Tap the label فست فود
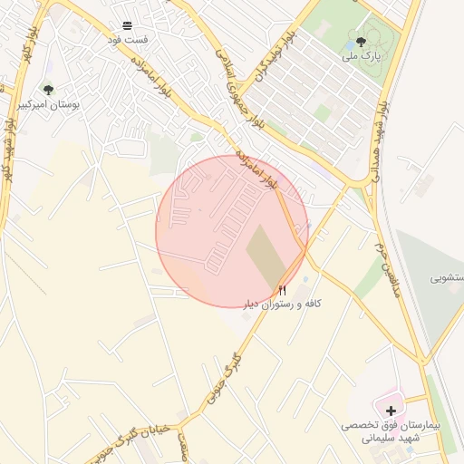tap(128, 40)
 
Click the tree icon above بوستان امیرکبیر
tap(48, 90)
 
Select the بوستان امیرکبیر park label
tap(49, 105)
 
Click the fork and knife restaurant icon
tap(282, 289)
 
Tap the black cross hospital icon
tap(391, 411)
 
